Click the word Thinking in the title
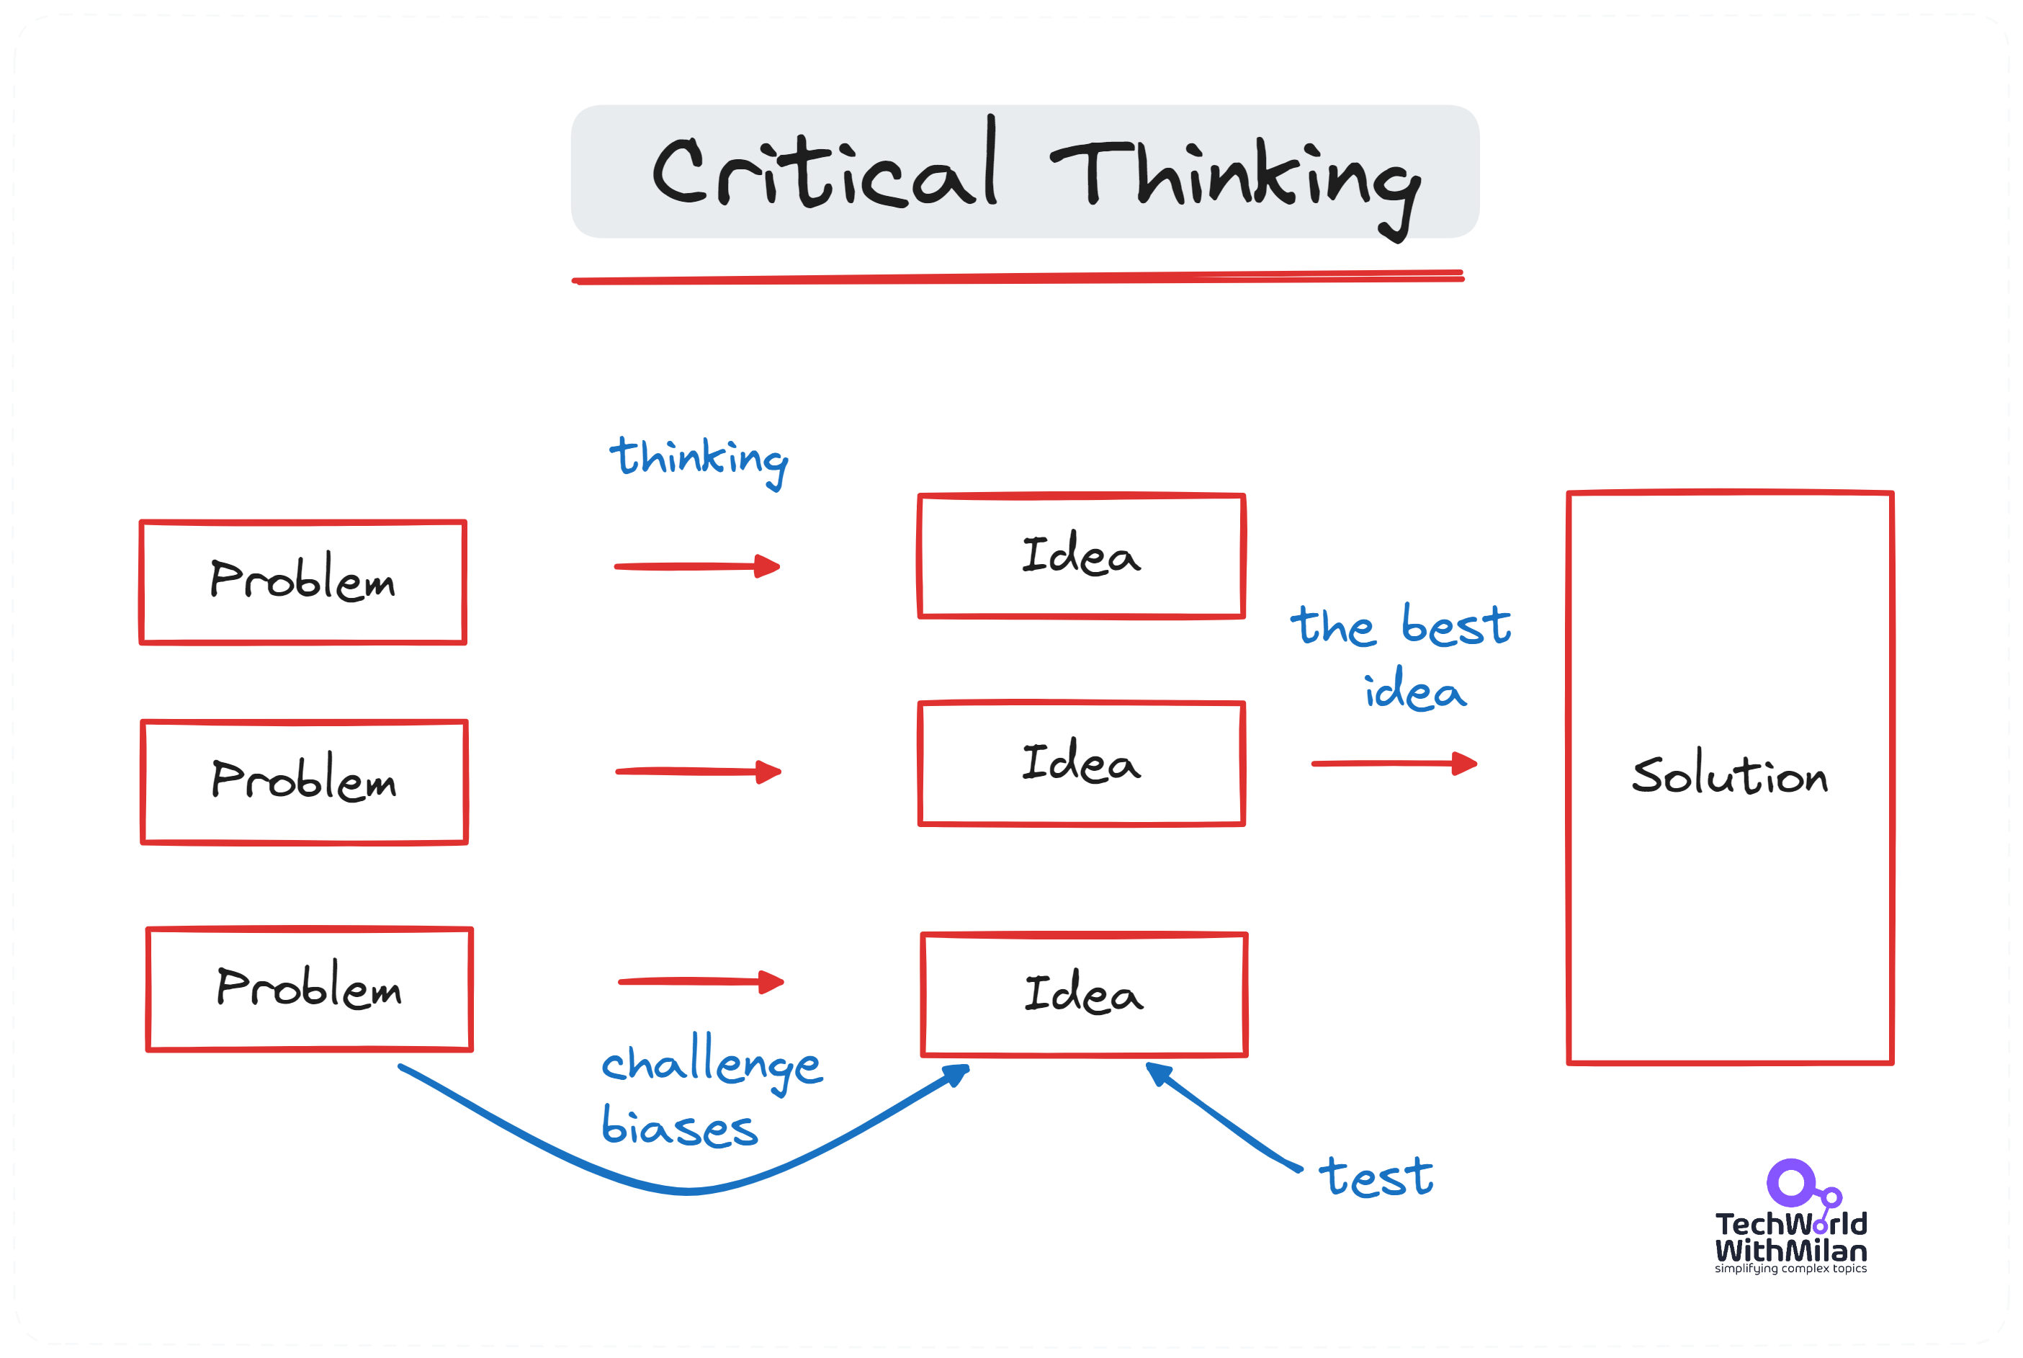(x=1236, y=177)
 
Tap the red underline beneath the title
(x=1017, y=278)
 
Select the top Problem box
(x=303, y=582)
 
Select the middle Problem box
(x=305, y=781)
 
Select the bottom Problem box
(x=309, y=989)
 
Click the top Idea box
(x=1081, y=556)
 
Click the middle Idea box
(x=1081, y=763)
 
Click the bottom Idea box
(x=1084, y=994)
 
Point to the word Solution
(x=1730, y=775)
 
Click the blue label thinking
(x=699, y=459)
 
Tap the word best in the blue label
(x=1456, y=626)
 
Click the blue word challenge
(x=712, y=1063)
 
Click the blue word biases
(x=680, y=1127)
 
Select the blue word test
(x=1376, y=1178)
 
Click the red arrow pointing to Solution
(x=1394, y=764)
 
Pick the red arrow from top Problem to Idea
(x=697, y=566)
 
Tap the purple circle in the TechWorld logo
(x=1790, y=1182)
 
